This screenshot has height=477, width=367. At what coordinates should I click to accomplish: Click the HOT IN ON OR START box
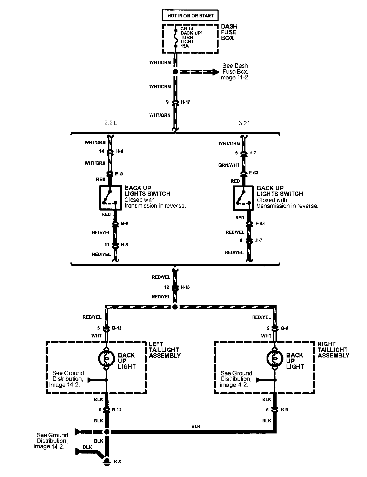point(190,16)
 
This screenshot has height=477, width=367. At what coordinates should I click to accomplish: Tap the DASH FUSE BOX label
point(229,32)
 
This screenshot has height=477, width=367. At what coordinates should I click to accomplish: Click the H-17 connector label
point(185,102)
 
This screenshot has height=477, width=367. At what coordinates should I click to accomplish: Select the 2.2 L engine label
point(110,123)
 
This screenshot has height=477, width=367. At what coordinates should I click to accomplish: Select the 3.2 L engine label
point(245,123)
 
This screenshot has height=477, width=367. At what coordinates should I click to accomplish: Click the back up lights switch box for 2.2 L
point(110,198)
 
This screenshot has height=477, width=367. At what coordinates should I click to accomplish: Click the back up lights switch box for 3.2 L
point(244,198)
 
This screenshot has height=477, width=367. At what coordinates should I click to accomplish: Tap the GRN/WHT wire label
point(229,165)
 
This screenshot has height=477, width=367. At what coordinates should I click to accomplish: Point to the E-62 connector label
point(254,173)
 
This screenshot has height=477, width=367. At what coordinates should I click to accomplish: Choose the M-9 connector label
point(124,223)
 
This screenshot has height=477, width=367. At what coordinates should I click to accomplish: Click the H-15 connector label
point(185,287)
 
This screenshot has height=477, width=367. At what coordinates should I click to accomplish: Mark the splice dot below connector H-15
point(175,307)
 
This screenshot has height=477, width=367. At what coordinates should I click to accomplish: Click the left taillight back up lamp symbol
point(106,358)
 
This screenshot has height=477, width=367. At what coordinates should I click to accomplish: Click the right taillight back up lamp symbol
point(274,358)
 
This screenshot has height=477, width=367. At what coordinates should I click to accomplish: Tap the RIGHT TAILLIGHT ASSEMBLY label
point(333,350)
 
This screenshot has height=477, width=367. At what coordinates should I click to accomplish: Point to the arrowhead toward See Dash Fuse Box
point(215,71)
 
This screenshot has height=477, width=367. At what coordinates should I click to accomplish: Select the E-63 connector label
point(260,223)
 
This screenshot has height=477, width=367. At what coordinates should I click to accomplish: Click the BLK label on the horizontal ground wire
point(196,427)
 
